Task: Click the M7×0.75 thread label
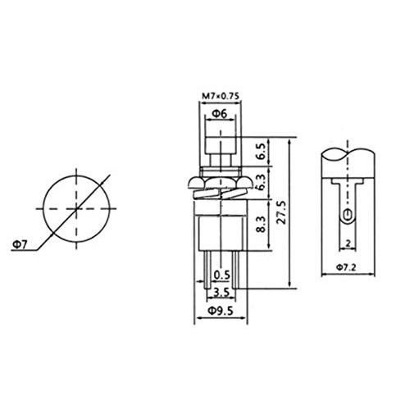point(221,96)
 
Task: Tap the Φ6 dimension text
point(220,113)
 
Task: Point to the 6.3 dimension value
point(261,182)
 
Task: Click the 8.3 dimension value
point(261,224)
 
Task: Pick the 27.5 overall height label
point(281,212)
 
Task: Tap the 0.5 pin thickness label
point(221,275)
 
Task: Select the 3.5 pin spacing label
point(221,293)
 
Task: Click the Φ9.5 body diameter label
point(221,311)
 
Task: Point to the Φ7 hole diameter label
point(20,245)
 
